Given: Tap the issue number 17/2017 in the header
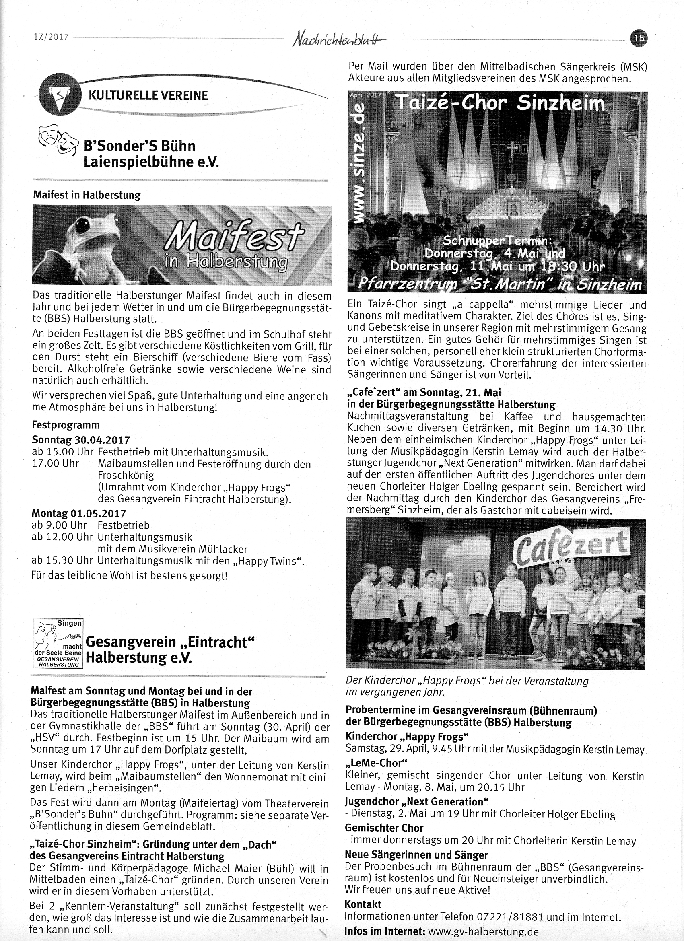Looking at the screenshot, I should click(51, 37).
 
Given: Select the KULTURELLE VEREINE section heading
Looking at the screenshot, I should click(148, 95).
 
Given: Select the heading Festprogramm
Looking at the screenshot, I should click(66, 425).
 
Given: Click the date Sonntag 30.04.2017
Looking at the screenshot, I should click(81, 440).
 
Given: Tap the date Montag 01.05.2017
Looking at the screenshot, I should click(79, 514).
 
